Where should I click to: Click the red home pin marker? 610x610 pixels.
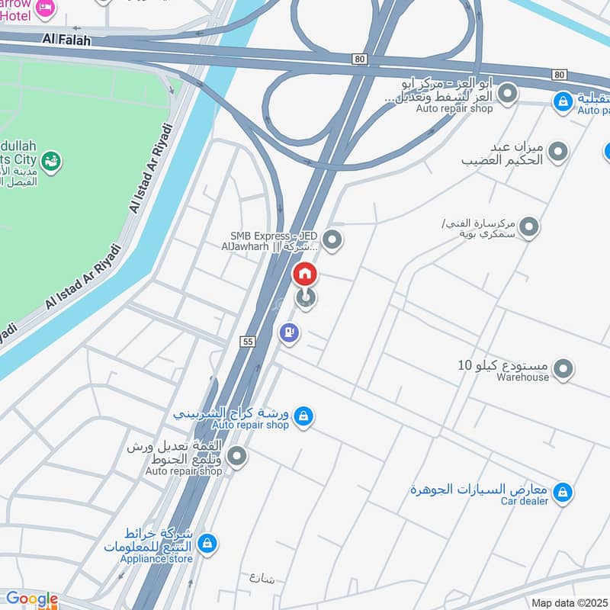(304, 273)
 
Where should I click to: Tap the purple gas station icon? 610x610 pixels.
(289, 332)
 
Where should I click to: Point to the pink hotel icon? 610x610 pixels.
(46, 8)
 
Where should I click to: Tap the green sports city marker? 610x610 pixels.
(52, 161)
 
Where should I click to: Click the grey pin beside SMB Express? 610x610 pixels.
(331, 241)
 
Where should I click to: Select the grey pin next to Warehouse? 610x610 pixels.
(563, 370)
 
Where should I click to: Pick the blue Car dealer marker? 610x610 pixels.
(563, 493)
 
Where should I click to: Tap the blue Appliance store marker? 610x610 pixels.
(206, 544)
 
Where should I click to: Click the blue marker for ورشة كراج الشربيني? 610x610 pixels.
(303, 416)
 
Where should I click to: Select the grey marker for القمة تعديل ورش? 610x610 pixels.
(238, 457)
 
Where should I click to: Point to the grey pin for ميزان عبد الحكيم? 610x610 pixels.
(558, 152)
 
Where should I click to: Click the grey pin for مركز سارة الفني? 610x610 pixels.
(528, 226)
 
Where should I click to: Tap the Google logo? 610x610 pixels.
(31, 599)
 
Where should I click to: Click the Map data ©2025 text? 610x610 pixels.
(570, 603)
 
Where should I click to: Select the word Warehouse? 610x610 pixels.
(523, 377)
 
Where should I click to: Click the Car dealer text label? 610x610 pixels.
(525, 501)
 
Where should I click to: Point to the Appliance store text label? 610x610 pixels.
(152, 557)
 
